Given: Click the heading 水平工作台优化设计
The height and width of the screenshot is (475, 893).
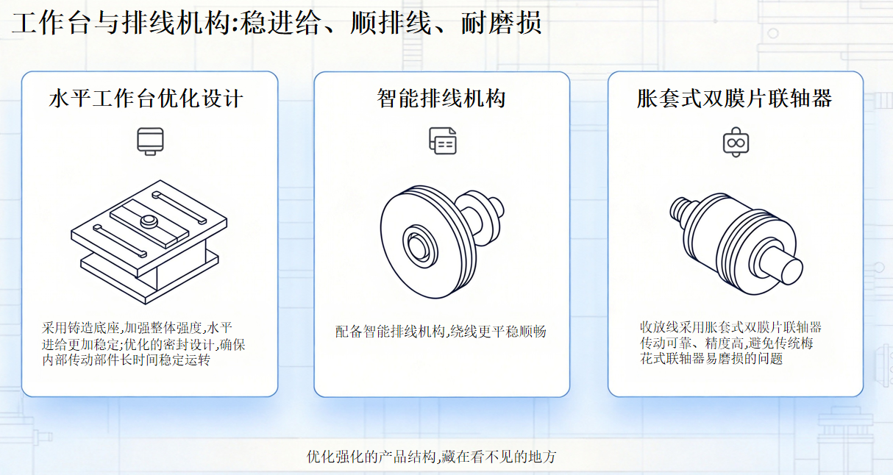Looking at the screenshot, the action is (146, 99).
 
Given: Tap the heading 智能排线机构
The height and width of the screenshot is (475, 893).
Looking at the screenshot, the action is (441, 99).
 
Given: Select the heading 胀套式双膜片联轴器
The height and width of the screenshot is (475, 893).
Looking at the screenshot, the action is (734, 99).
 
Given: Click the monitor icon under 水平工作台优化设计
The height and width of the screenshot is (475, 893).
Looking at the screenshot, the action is (150, 141).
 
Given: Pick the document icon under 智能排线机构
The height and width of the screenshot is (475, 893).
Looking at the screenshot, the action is (443, 140).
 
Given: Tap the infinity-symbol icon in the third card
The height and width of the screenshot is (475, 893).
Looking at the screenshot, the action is (736, 142).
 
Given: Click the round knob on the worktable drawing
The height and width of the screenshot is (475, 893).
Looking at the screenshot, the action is (149, 221).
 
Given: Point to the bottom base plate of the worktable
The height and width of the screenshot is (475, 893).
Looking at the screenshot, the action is (149, 279).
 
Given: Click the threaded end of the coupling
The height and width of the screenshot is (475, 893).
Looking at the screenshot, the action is (683, 212).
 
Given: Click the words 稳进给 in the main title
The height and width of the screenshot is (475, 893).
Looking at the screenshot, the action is (280, 23).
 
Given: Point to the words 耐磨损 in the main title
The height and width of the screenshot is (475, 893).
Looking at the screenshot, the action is (501, 23).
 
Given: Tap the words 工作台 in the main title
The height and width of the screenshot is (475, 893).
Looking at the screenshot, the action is (51, 23).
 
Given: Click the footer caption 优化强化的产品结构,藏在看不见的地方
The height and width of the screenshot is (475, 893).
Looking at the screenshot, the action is (431, 457).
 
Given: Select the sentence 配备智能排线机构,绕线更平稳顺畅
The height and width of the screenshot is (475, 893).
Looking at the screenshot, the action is (441, 332).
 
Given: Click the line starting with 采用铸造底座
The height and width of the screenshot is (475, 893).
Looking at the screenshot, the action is (137, 328).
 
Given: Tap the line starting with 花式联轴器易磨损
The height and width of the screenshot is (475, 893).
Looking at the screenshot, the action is (711, 359).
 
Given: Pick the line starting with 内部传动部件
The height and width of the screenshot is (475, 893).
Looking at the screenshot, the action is (126, 360).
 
